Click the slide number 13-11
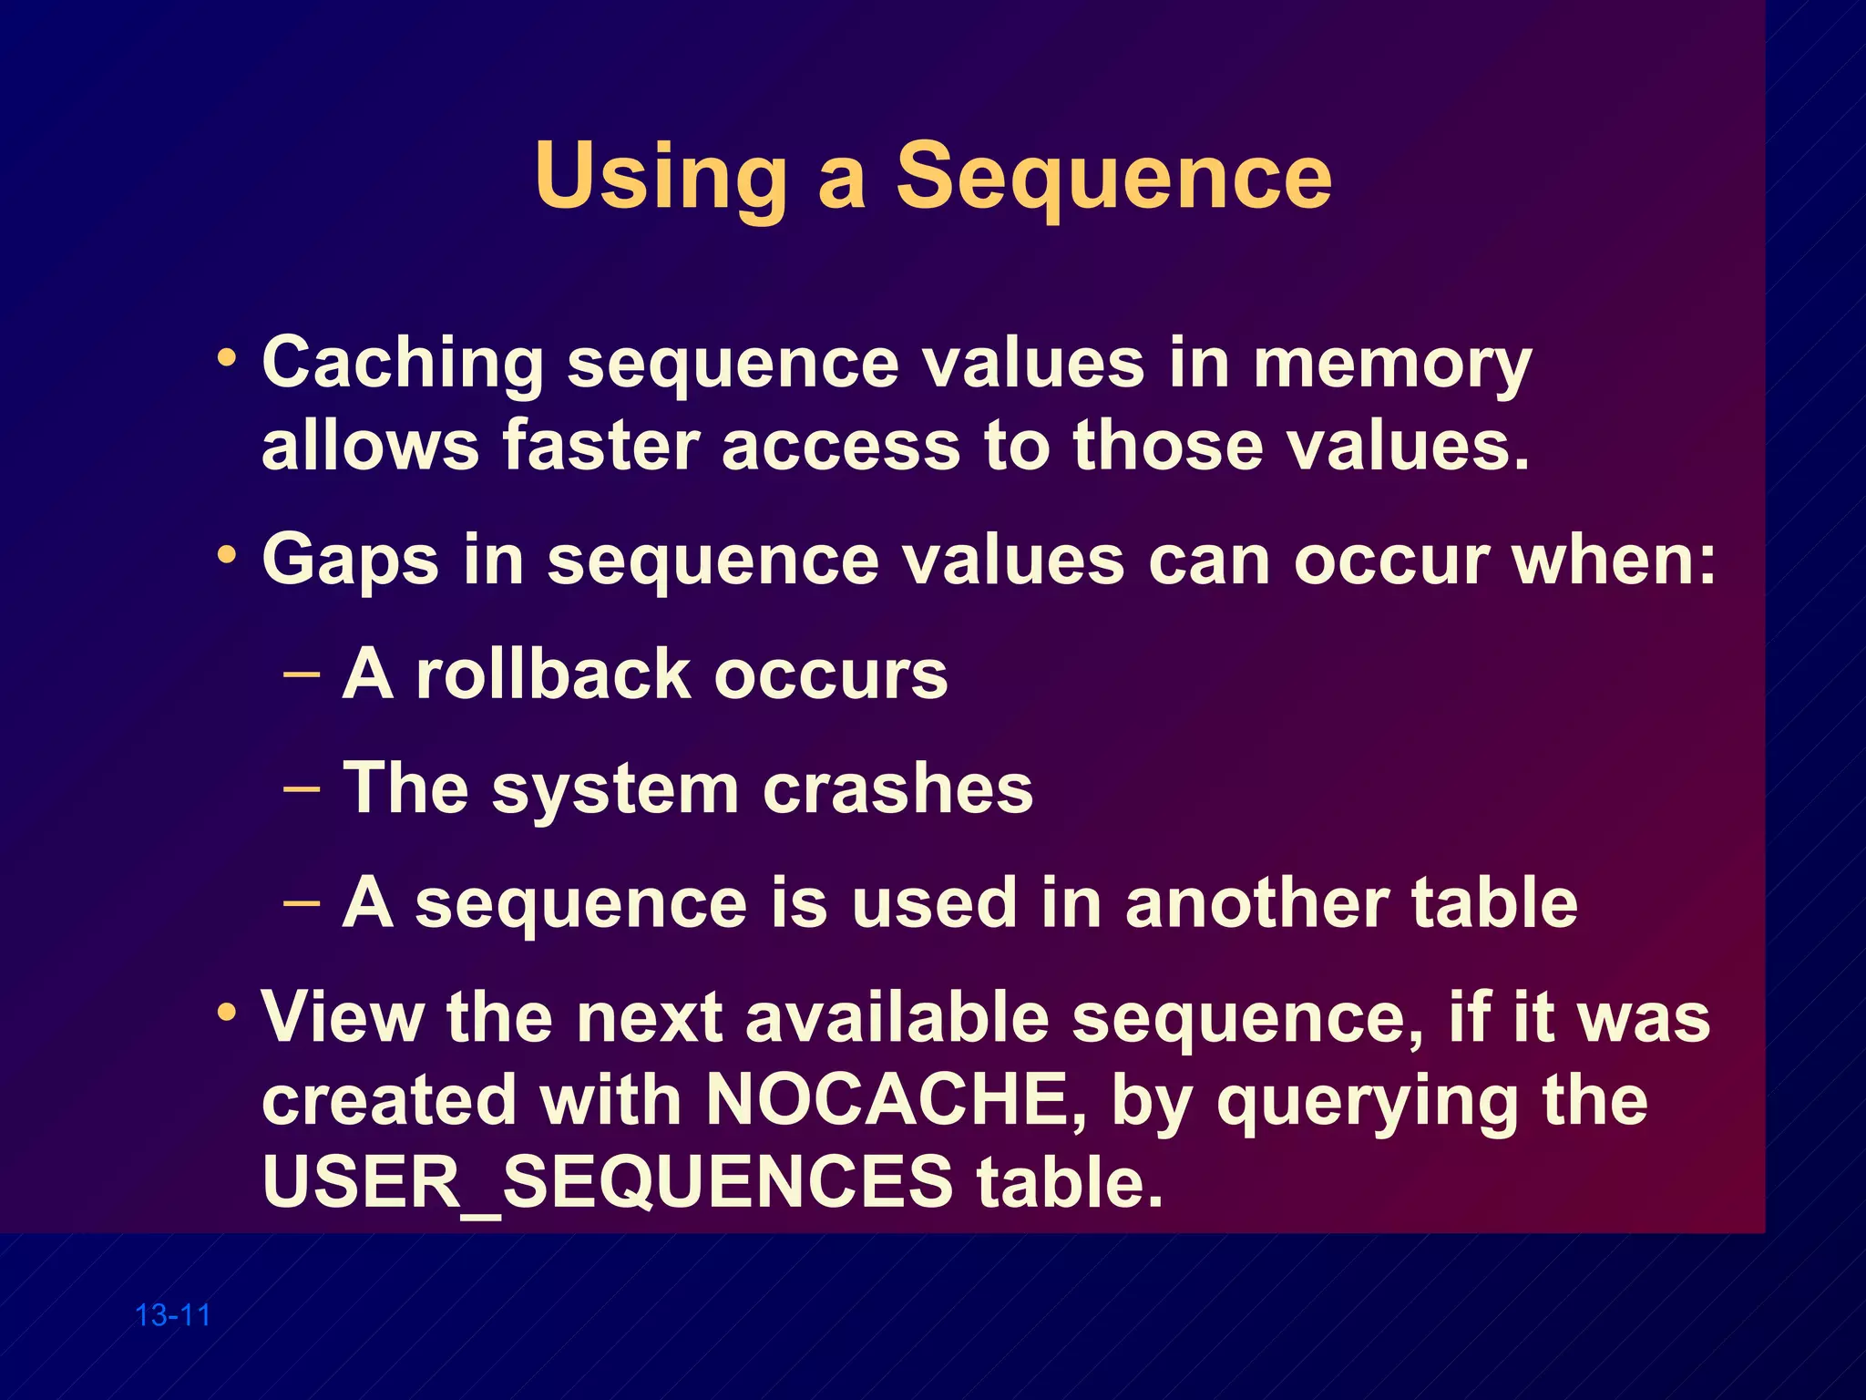point(173,1315)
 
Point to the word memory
point(1392,364)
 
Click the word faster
point(600,446)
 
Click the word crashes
point(897,788)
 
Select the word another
point(1256,902)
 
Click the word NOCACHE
point(887,1099)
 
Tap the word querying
point(1368,1101)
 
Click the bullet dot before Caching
point(227,356)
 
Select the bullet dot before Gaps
point(227,553)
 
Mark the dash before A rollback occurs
point(302,674)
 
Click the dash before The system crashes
point(302,788)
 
